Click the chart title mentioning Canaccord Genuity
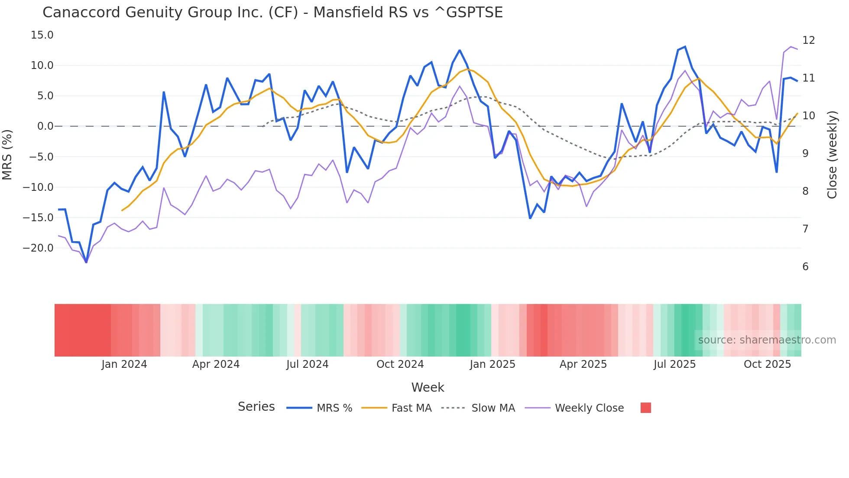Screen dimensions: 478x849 pos(272,13)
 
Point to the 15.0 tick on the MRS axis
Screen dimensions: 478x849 pos(42,35)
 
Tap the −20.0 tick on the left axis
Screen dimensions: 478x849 pos(38,248)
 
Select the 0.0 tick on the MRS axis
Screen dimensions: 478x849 pos(45,126)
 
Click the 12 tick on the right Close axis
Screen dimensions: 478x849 pos(808,40)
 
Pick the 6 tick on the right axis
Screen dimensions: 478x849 pos(805,267)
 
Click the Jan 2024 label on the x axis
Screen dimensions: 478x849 pos(124,364)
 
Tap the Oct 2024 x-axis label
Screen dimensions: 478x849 pos(400,364)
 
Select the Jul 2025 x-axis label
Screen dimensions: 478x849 pos(674,364)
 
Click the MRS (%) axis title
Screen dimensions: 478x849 pos(7,154)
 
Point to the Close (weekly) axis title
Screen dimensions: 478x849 pos(832,154)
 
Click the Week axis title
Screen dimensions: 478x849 pos(428,387)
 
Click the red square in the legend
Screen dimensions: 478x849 pos(645,408)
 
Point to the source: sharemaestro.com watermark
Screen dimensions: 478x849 pos(767,340)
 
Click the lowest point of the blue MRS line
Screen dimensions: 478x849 pos(86,262)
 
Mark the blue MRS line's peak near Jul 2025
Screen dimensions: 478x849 pos(685,47)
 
